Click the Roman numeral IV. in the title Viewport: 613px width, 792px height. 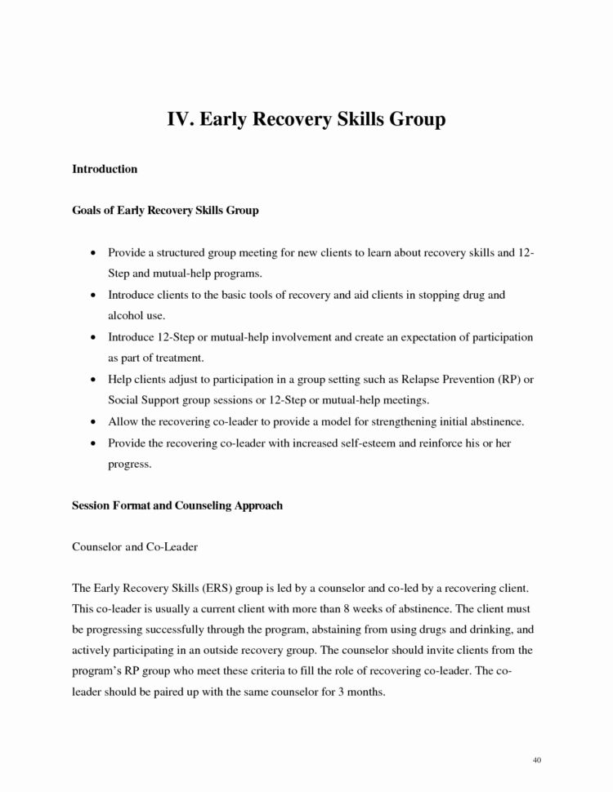click(x=181, y=119)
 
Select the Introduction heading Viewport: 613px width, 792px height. click(x=105, y=169)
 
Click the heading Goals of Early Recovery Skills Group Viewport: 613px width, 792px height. click(x=166, y=211)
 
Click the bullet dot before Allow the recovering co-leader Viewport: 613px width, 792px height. click(x=96, y=422)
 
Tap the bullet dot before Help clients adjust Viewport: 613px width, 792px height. click(x=96, y=380)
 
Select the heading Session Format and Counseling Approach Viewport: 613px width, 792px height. click(x=177, y=505)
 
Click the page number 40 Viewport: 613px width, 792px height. click(x=536, y=761)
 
